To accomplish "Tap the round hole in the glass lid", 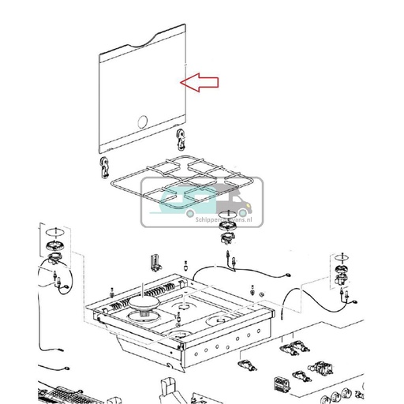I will tap(142, 121).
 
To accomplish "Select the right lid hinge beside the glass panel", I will tap(181, 140).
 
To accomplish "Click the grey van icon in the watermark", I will tap(234, 206).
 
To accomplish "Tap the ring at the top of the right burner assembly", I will tap(341, 258).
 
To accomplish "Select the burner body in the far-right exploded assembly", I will tap(341, 275).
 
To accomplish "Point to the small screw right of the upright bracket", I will tap(184, 266).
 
